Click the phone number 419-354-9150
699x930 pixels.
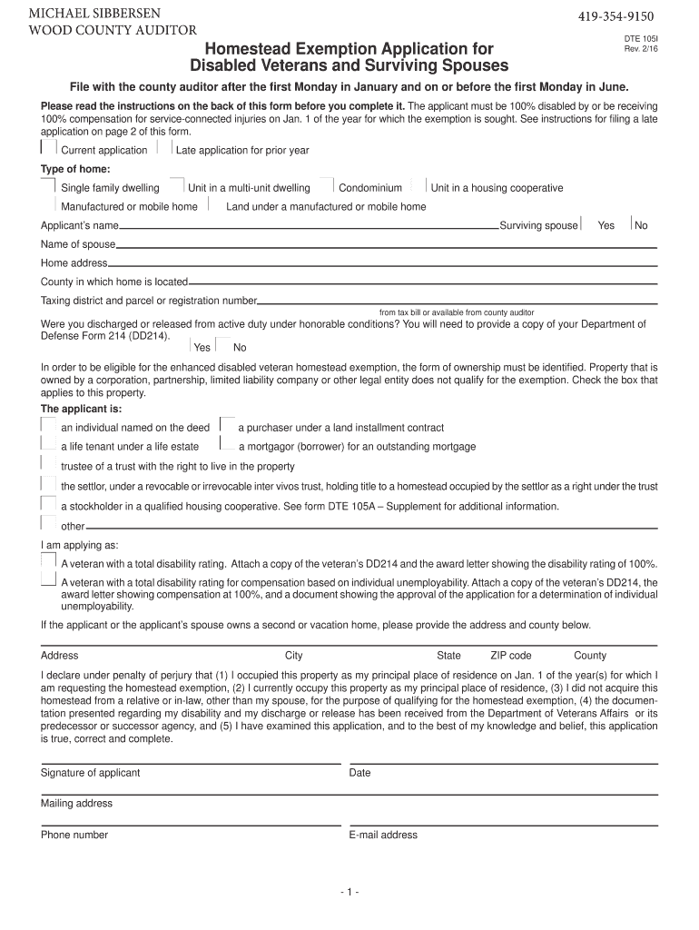[x=615, y=17]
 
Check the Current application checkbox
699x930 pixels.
[x=49, y=148]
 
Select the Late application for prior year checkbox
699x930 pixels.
[x=165, y=148]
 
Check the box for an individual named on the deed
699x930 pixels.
[x=49, y=426]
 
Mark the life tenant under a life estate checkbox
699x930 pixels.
[x=49, y=445]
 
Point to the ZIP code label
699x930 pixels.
[x=511, y=656]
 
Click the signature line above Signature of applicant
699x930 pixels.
[x=191, y=765]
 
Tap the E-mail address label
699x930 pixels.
[x=383, y=835]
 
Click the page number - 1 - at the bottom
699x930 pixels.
[x=349, y=892]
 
